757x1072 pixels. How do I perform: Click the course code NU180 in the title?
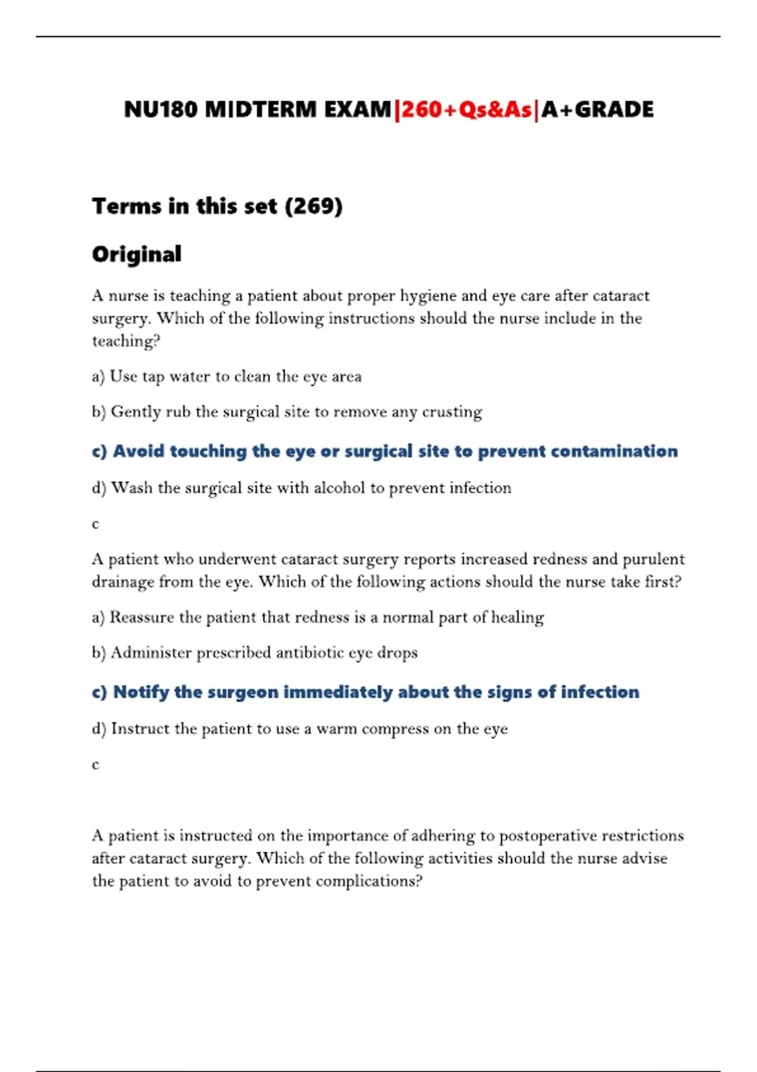point(161,110)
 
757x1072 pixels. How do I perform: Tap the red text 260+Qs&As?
point(467,110)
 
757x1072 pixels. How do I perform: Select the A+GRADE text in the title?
point(597,110)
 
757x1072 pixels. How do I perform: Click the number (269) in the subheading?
point(314,206)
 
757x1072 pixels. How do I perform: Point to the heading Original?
point(137,254)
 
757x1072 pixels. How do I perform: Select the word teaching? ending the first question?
point(126,341)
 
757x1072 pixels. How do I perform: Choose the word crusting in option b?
point(452,412)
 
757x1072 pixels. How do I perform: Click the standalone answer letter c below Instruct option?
point(96,765)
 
